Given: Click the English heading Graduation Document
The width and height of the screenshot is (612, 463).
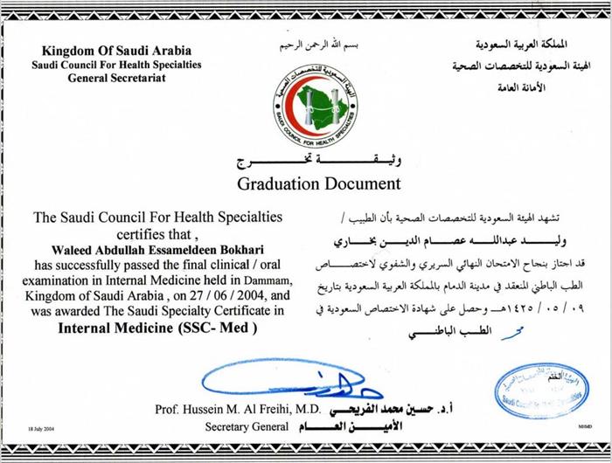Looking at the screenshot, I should [318, 183].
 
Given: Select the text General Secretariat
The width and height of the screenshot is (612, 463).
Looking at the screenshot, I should [116, 78].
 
